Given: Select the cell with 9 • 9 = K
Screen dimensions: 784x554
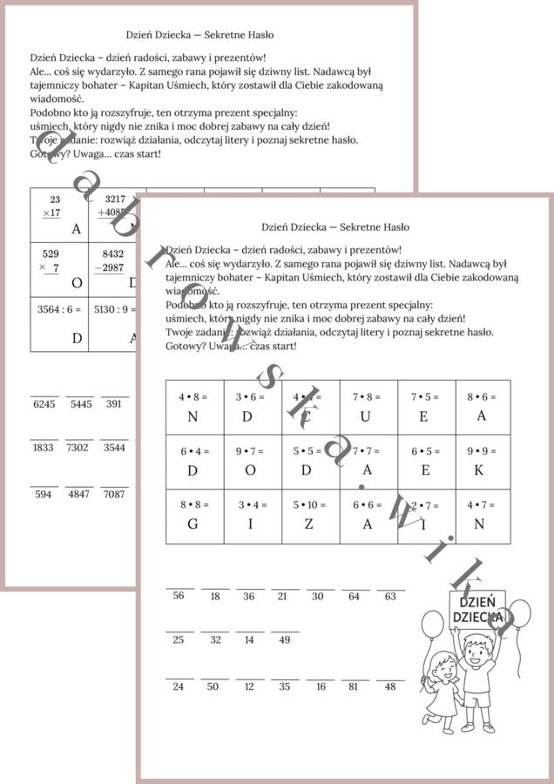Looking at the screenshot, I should [x=481, y=461].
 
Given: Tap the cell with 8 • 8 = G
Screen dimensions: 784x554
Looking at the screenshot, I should [x=194, y=515].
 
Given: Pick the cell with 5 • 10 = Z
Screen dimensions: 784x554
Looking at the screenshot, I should [x=310, y=515].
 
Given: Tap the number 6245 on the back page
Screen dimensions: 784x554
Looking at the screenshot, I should [x=44, y=403].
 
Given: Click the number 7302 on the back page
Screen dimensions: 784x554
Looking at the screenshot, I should [x=78, y=447].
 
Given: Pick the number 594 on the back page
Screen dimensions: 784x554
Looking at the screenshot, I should [x=44, y=494].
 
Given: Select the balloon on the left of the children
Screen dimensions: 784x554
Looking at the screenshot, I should [x=433, y=624].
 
